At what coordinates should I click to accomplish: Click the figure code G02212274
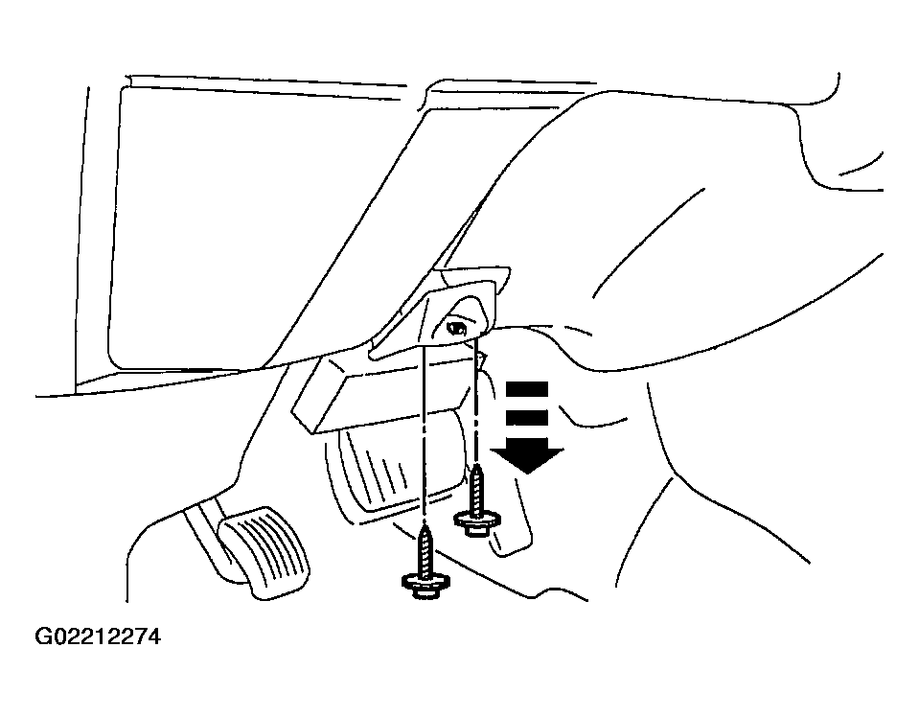[98, 636]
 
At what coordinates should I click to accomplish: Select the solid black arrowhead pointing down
[527, 460]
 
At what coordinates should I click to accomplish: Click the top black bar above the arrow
[527, 388]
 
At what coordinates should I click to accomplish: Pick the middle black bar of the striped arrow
[527, 417]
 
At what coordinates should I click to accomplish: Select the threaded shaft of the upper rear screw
[477, 489]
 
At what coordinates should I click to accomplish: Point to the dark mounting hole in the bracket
[457, 327]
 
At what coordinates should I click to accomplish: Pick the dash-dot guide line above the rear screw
[476, 399]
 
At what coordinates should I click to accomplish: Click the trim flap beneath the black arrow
[516, 516]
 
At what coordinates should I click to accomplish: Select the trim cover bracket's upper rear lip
[474, 275]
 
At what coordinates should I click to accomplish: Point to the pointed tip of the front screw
[425, 527]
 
